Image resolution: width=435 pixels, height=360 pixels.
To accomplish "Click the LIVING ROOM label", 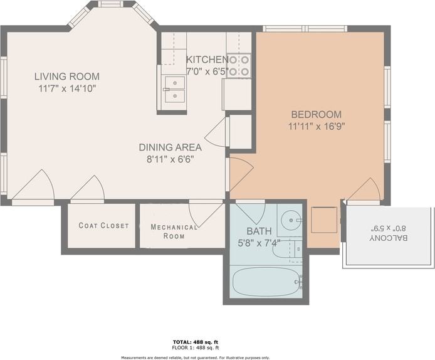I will [x=66, y=77].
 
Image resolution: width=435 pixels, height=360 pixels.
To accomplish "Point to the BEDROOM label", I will [x=317, y=114].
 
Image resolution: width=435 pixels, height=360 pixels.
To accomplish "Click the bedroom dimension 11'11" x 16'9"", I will [x=317, y=125].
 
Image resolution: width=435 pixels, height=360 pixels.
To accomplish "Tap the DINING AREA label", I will [x=170, y=147].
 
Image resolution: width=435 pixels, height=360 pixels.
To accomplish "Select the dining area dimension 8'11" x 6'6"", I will [x=170, y=159].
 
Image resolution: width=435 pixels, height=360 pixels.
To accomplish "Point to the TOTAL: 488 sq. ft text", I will [x=196, y=342].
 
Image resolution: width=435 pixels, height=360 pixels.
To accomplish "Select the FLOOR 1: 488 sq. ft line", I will [x=196, y=347].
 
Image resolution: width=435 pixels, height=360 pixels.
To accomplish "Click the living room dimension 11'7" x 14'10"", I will [x=66, y=88].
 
